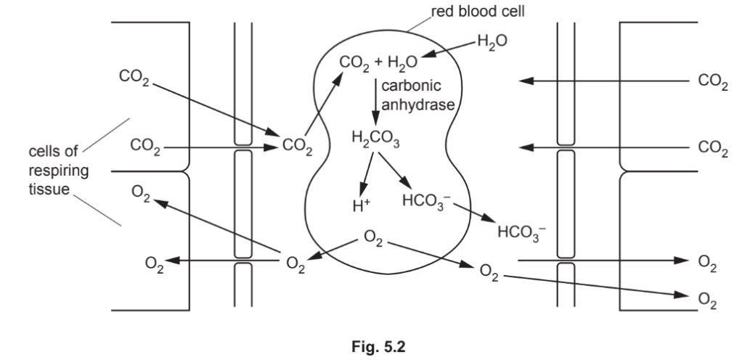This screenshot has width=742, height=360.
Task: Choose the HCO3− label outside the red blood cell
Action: (x=520, y=233)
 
